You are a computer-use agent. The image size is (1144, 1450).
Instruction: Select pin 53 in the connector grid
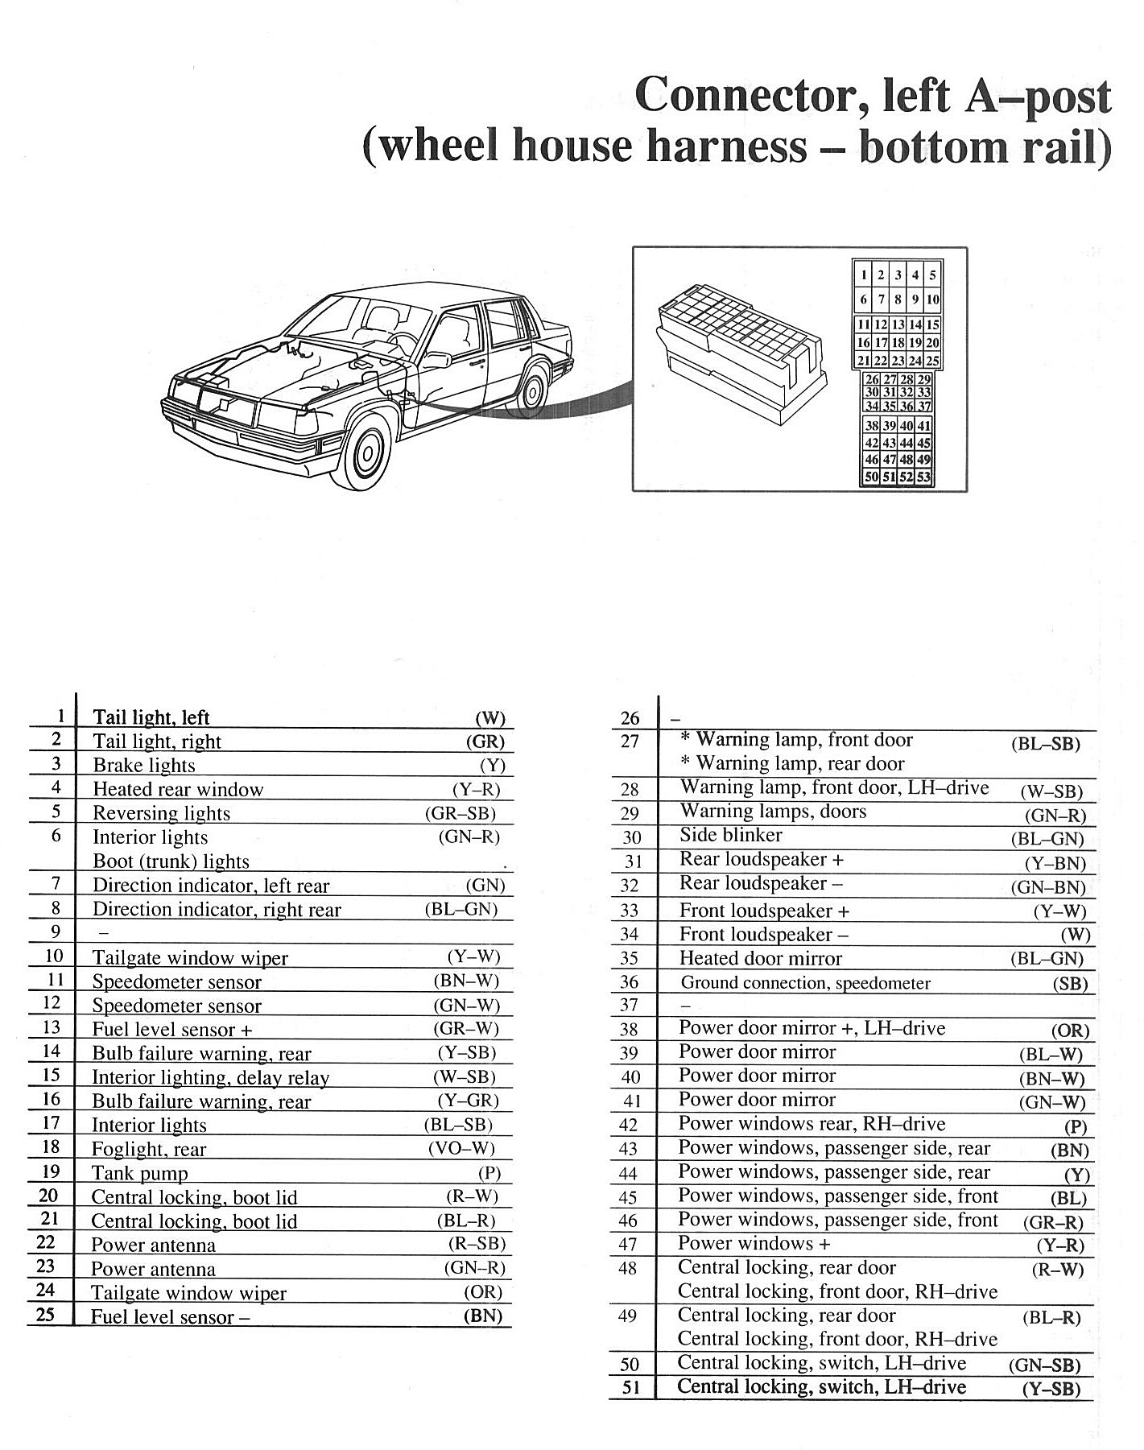tap(924, 477)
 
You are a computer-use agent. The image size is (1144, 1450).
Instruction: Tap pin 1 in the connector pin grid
tap(864, 275)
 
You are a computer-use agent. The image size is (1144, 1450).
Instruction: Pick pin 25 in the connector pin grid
tap(932, 361)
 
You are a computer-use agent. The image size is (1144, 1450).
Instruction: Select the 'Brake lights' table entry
tap(144, 766)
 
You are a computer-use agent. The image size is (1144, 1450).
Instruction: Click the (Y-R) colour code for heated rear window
tap(476, 790)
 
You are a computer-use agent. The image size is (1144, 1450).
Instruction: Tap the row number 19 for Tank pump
tap(50, 1172)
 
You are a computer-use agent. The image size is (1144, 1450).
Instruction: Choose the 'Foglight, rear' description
tap(149, 1150)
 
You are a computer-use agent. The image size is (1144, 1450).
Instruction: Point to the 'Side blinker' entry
tap(730, 836)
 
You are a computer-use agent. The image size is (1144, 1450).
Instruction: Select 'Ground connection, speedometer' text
tap(805, 983)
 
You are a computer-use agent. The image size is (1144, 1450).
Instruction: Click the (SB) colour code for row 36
tap(1070, 984)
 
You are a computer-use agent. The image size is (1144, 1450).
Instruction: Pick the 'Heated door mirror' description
tap(760, 959)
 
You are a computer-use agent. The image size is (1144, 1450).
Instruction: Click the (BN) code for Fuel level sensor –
tap(482, 1316)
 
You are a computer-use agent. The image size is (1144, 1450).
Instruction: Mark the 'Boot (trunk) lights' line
tap(171, 861)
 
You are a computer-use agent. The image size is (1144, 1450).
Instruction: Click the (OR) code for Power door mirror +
tap(1070, 1031)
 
